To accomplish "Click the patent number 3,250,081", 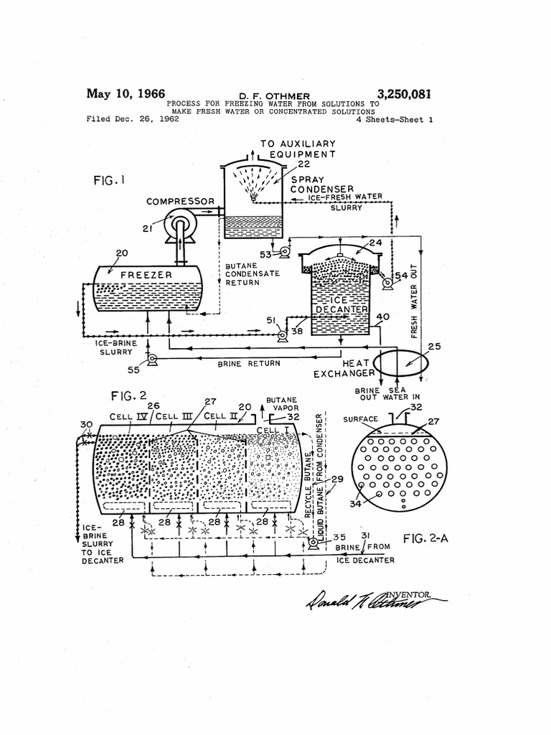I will coord(404,94).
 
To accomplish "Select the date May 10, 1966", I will coord(126,94).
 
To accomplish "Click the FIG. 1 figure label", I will coord(109,182).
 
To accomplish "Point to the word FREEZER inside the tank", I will coord(146,275).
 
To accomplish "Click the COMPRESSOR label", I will coord(180,202).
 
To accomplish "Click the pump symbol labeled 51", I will coord(281,335).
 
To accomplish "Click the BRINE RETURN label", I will coord(249,364).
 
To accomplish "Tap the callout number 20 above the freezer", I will coord(121,253).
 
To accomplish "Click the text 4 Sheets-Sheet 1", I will coord(395,121).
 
